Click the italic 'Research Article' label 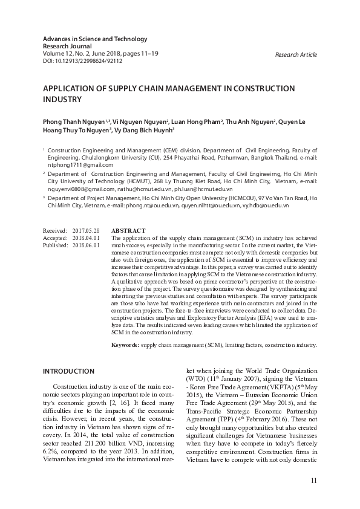[295, 55]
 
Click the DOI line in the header [82, 60]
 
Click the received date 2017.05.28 [86, 231]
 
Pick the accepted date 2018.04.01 [86, 238]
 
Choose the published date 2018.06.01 [86, 245]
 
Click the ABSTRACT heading [128, 231]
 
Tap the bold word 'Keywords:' [125, 345]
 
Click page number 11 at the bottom [313, 481]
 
